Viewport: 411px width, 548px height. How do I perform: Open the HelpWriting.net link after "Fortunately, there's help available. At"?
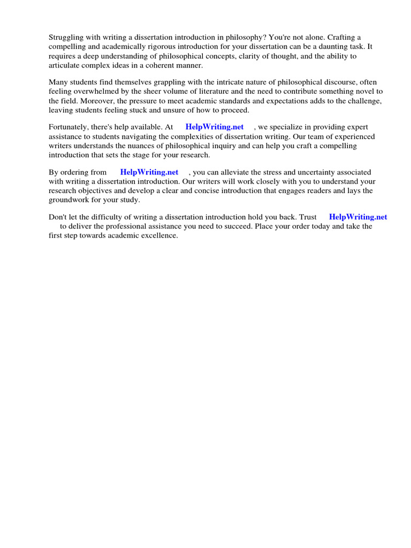click(214, 127)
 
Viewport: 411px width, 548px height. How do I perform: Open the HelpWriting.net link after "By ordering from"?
click(149, 172)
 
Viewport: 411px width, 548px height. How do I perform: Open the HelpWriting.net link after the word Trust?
click(357, 217)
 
